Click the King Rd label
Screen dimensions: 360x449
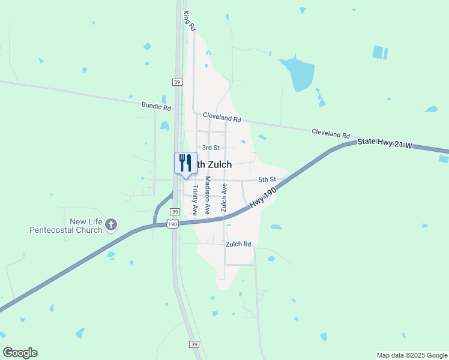click(x=190, y=21)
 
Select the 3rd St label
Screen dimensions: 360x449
click(x=211, y=147)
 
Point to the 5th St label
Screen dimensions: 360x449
click(x=267, y=179)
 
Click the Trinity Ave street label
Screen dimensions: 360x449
click(x=194, y=200)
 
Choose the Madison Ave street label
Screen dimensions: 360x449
click(x=208, y=196)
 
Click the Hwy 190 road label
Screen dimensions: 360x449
click(x=262, y=197)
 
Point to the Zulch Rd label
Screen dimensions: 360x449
click(x=238, y=244)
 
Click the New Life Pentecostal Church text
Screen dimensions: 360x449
click(x=65, y=226)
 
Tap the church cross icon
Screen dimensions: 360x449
click(x=110, y=226)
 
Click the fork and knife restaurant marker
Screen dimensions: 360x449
click(x=185, y=163)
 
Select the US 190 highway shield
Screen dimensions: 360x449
click(x=172, y=224)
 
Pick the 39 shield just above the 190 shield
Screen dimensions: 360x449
click(x=175, y=212)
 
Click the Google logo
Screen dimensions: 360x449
click(x=20, y=353)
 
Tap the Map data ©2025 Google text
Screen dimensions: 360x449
click(x=411, y=355)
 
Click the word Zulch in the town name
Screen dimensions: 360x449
click(x=220, y=164)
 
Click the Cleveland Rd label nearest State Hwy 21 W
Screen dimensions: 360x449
click(x=330, y=134)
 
